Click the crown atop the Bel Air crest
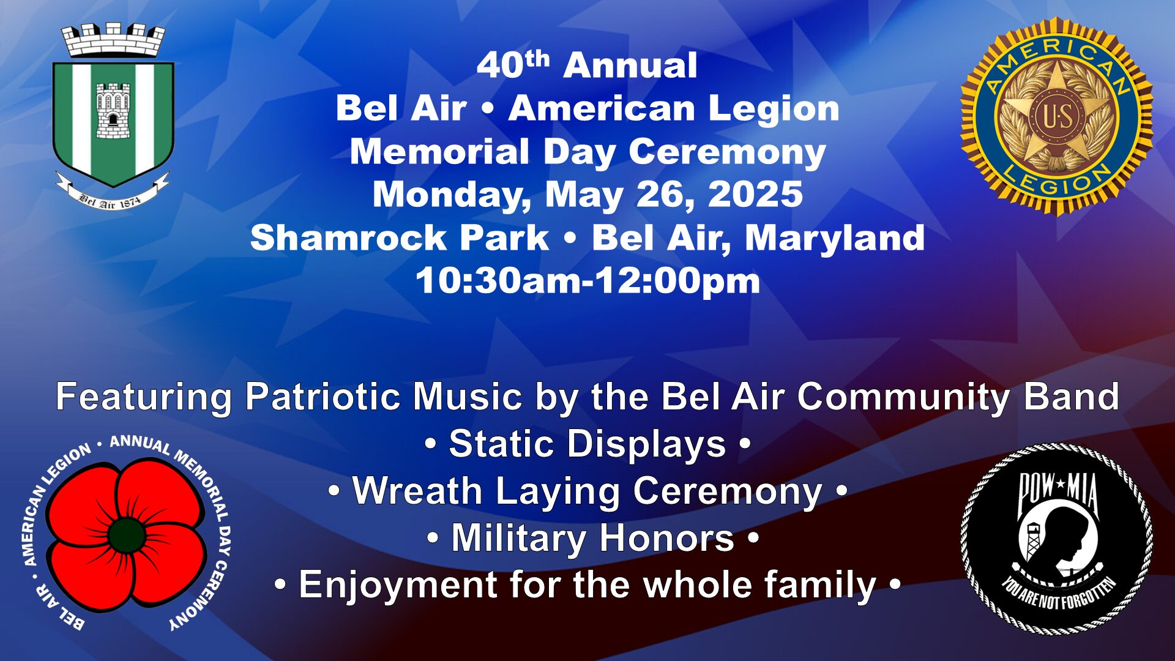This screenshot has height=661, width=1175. point(113,40)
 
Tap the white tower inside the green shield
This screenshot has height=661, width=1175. point(113,111)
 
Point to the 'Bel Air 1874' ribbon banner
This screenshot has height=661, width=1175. point(112,192)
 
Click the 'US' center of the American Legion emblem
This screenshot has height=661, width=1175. point(1057,116)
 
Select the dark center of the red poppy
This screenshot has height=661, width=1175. point(127,536)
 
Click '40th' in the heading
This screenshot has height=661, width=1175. point(513,64)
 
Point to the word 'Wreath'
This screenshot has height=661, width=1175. point(417,491)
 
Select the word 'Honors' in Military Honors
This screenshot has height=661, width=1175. point(666,538)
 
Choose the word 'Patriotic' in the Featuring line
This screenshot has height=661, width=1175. point(323,397)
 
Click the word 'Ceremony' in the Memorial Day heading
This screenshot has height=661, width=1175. point(727,152)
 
